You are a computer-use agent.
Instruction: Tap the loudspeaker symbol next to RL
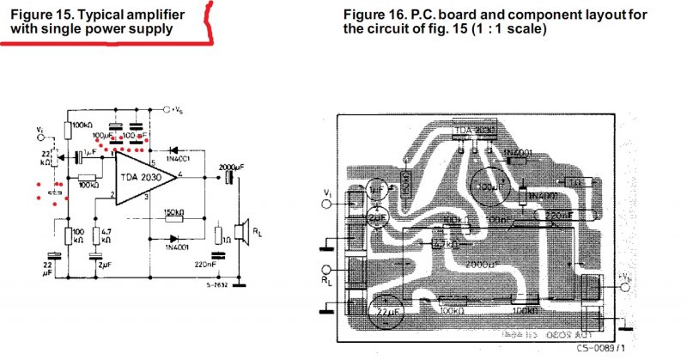tap(244, 231)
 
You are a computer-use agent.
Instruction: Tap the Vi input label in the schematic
tap(40, 131)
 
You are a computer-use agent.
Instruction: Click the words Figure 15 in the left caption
tap(43, 13)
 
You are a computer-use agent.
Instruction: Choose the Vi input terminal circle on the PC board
tap(327, 204)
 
